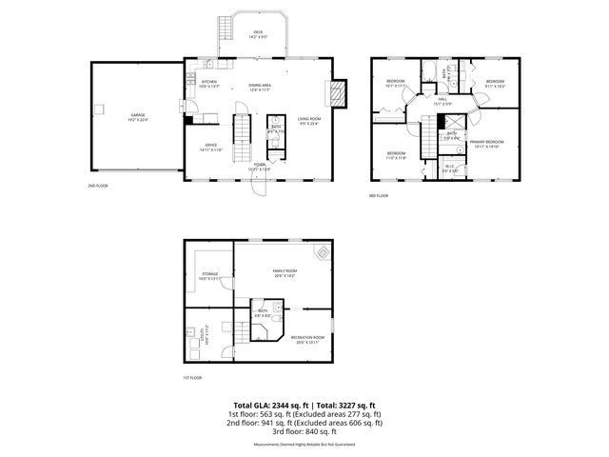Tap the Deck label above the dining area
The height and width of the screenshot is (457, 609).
(231, 33)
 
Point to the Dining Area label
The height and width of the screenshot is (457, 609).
(261, 87)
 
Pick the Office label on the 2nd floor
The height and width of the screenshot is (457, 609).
(210, 147)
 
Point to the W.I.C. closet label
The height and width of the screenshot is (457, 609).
(450, 169)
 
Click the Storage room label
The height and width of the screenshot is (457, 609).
(210, 275)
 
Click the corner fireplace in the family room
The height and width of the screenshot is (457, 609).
(324, 253)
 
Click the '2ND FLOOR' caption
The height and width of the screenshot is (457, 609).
(98, 186)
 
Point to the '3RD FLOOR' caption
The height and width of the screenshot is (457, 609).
(379, 196)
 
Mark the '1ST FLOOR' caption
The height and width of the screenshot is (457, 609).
(192, 378)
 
